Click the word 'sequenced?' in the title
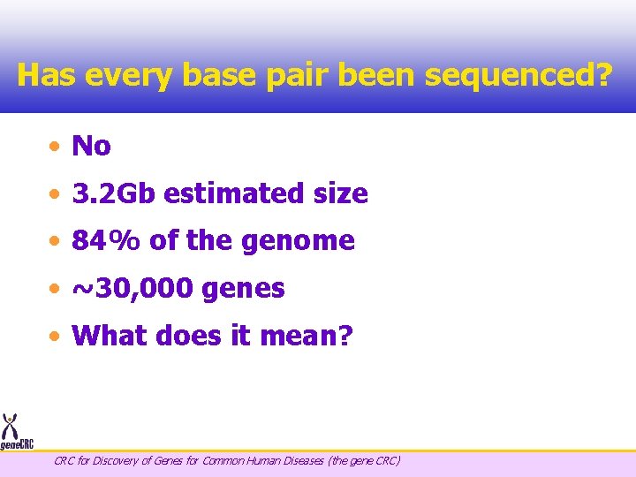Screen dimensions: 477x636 518,76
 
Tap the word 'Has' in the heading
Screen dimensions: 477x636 43,75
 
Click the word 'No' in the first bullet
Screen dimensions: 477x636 91,146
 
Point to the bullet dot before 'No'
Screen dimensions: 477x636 56,147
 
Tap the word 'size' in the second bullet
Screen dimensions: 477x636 340,193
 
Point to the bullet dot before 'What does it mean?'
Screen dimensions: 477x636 56,337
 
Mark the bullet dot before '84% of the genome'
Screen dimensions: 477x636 56,241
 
